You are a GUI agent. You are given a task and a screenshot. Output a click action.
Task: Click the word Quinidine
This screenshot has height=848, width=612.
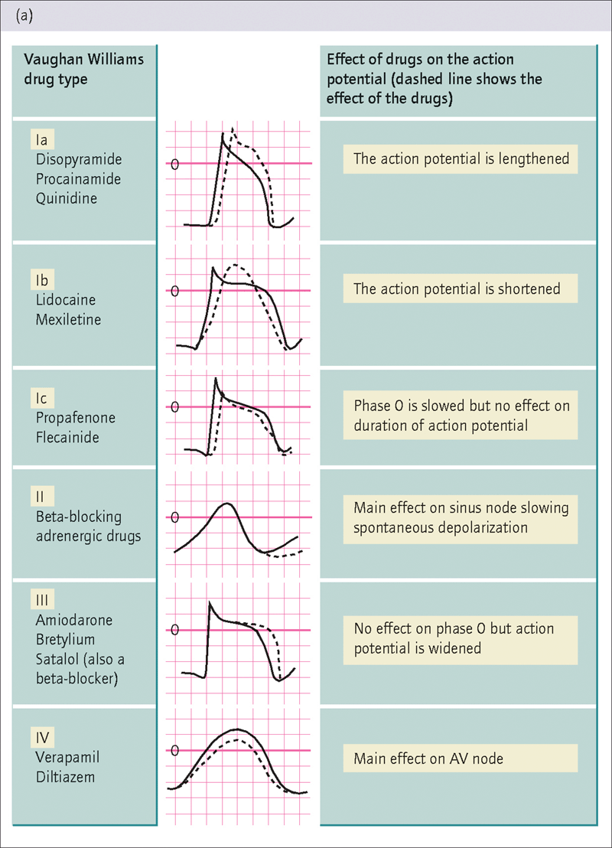[67, 198]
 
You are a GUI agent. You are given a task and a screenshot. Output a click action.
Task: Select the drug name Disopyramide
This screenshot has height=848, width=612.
[79, 159]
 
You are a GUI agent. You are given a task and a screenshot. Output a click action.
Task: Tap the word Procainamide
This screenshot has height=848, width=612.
[78, 179]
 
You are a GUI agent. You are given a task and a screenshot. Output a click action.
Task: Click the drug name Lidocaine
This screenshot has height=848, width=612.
[66, 300]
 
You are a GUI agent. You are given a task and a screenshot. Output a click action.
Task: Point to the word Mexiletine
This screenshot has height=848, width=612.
[68, 320]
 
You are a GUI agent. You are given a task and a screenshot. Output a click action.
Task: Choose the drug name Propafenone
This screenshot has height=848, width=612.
[76, 418]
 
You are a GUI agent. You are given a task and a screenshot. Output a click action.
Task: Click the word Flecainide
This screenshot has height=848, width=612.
[67, 437]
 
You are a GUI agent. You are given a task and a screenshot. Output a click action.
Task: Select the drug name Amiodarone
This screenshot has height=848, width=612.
[74, 621]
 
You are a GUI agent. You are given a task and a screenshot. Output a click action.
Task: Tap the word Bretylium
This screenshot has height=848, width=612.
[66, 640]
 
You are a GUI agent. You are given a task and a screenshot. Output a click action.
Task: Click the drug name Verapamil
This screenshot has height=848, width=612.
[67, 758]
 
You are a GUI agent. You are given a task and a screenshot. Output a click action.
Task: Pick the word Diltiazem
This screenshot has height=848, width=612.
[66, 777]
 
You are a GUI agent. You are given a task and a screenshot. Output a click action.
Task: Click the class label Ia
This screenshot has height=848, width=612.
[41, 140]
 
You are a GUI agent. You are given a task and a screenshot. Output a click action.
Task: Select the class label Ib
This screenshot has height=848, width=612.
[42, 280]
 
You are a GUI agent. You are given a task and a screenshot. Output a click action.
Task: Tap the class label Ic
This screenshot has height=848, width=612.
[41, 398]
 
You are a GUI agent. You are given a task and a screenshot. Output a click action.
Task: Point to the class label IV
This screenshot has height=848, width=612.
[42, 738]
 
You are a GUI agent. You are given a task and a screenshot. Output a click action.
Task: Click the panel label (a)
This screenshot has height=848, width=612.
[24, 15]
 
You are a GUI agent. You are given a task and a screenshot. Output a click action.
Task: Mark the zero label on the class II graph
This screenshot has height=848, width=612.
[174, 517]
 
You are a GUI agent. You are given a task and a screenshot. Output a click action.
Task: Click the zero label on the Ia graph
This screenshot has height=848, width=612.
[174, 164]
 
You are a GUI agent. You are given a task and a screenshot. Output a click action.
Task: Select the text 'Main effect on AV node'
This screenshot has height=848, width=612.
[428, 758]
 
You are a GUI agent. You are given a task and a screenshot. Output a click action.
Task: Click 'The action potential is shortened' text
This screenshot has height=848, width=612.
[457, 289]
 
